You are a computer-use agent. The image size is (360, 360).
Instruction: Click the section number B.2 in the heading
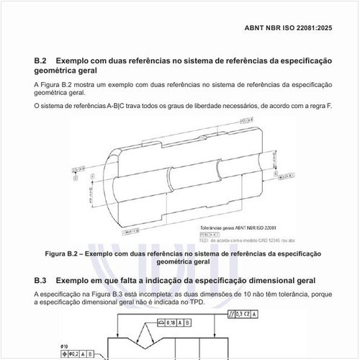click(41, 62)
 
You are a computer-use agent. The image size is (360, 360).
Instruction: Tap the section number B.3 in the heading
click(41, 279)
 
